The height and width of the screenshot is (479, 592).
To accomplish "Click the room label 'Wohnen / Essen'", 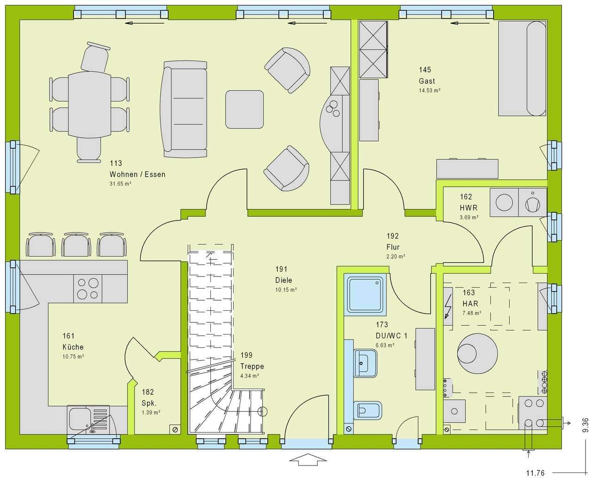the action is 137,175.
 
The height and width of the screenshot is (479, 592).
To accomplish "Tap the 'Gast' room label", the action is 426,81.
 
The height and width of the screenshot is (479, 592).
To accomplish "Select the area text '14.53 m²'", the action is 429,90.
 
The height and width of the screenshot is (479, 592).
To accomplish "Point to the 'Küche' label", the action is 73,347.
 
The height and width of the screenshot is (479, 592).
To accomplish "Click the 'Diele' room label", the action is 284,280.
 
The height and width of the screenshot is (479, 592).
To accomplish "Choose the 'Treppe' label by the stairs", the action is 252,366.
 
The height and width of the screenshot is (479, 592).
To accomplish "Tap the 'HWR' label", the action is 469,208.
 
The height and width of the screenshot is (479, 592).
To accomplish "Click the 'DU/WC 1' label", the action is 391,336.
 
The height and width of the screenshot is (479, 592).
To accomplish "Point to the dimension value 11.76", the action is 535,473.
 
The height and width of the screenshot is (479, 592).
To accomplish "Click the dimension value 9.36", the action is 585,425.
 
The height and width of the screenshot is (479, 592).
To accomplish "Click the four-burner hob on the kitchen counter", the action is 87,289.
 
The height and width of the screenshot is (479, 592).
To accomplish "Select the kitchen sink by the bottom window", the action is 88,419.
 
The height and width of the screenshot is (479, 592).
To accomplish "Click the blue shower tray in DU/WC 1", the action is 365,295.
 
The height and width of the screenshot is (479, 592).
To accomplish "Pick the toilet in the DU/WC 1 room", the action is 368,410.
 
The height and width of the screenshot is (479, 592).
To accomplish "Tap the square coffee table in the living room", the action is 244,109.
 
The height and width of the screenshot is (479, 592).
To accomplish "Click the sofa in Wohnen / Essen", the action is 184,109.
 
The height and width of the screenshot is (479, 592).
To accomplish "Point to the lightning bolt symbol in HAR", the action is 448,306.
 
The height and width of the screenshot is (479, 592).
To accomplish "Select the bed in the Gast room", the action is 522,69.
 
